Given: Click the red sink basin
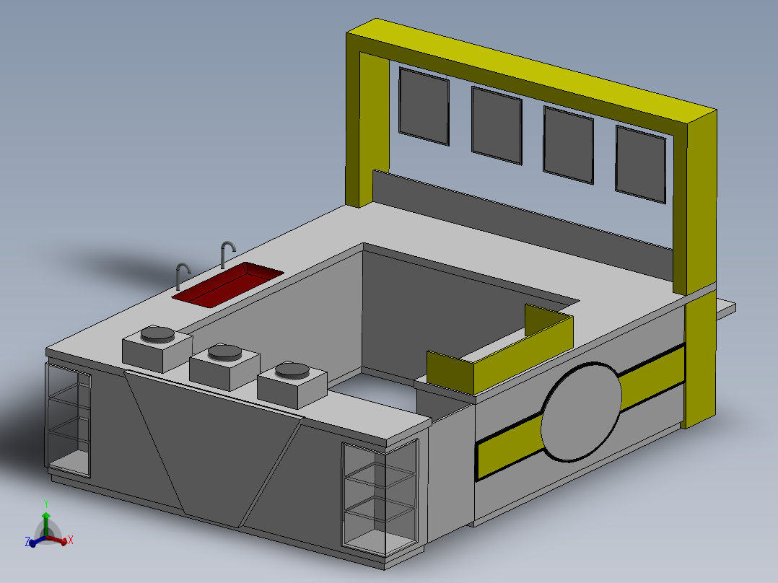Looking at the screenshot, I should pos(227,282).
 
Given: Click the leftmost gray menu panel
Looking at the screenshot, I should pos(424,105).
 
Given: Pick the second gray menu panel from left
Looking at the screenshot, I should pos(497,124).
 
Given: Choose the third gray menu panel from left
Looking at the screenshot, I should pos(568,144).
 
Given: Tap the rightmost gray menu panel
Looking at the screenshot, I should pos(640,163).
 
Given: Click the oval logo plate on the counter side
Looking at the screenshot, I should pos(582,412).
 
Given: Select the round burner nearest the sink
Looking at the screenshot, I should pos(157,334).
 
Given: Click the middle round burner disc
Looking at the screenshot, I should pos(224,352).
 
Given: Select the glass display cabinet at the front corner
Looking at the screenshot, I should pos(379,498).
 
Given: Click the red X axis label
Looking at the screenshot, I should pos(71,540).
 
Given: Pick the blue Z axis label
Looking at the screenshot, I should pos(27,541).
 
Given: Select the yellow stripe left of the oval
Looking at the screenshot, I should pos(509,447).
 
